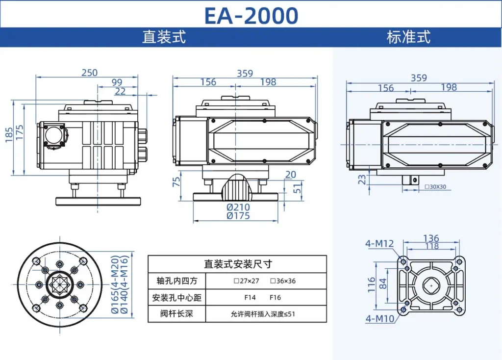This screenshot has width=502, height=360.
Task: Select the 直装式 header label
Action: coord(164,37)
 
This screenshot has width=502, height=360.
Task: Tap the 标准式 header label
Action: coord(408,37)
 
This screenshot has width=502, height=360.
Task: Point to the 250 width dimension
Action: coord(89,73)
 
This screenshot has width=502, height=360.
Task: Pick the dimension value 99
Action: coord(117,82)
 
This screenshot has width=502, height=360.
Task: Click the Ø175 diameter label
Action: coord(238,216)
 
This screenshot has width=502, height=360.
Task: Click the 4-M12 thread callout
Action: coord(379,243)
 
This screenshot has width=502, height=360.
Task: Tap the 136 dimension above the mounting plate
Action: coord(431,239)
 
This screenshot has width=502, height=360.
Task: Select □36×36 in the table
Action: coord(282,281)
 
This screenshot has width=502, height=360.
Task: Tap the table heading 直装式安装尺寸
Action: coord(237,264)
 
